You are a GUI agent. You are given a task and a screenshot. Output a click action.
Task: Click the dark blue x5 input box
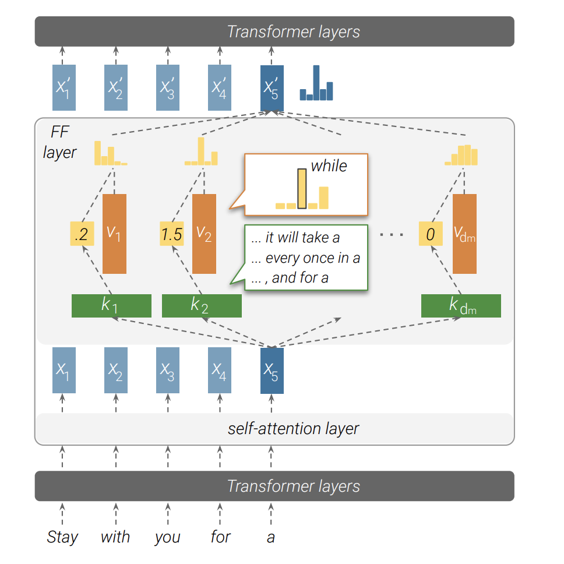272,371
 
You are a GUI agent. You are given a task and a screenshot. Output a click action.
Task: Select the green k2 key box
202,306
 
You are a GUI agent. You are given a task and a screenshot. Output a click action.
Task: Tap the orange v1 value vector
114,234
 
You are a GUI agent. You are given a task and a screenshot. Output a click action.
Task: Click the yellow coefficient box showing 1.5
172,234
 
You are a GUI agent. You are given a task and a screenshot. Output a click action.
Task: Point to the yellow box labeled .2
82,234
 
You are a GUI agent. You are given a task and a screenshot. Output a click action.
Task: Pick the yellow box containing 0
431,234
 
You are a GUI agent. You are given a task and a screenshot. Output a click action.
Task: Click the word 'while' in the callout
329,166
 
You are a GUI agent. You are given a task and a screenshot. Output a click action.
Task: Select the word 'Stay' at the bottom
62,537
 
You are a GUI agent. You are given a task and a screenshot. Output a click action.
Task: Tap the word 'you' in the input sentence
168,537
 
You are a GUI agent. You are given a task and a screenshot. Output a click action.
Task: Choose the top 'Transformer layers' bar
274,31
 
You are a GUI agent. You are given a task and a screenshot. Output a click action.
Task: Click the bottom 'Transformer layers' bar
274,486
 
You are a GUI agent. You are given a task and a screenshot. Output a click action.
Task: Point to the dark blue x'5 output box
272,88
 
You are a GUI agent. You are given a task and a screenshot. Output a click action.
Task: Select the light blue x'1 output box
64,88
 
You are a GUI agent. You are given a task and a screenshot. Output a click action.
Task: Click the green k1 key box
111,306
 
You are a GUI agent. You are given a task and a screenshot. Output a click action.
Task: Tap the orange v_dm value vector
464,234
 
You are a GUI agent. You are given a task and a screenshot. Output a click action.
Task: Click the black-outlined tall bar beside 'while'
302,188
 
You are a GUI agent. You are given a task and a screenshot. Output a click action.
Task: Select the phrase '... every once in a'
305,258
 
